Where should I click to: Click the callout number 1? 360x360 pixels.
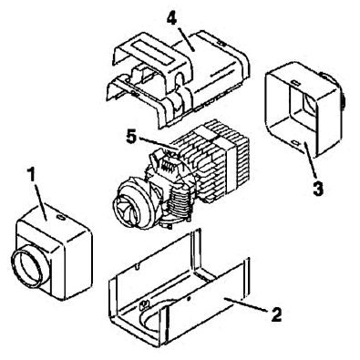click(30, 175)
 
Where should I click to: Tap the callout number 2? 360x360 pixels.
click(276, 314)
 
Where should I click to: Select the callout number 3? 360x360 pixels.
click(318, 188)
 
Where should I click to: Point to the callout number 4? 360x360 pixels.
click(171, 19)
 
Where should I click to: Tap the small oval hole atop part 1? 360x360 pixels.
click(61, 218)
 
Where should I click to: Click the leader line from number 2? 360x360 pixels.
click(246, 304)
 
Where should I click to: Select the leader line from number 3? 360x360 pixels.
click(311, 160)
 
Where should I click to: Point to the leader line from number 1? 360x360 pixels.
click(39, 201)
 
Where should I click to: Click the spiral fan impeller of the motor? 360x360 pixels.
click(125, 207)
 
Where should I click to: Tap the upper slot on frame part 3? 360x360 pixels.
click(295, 83)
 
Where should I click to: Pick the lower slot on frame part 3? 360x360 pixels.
click(296, 141)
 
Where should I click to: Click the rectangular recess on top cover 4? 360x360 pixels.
click(153, 52)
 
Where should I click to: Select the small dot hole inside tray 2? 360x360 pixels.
click(189, 299)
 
